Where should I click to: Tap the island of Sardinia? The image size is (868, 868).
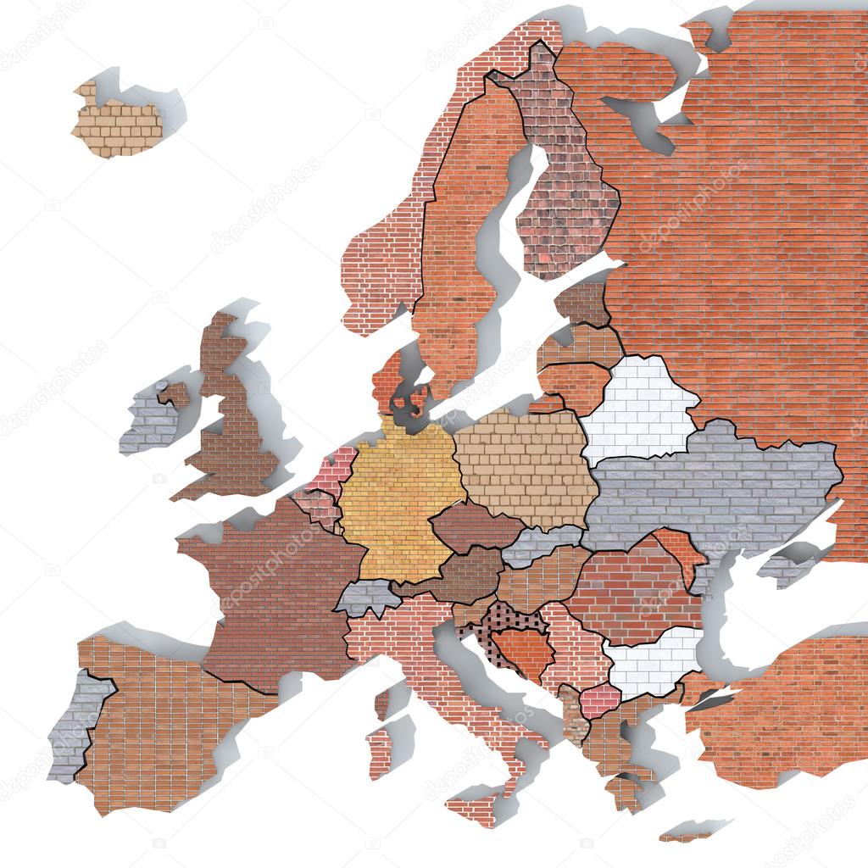[x=379, y=750]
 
